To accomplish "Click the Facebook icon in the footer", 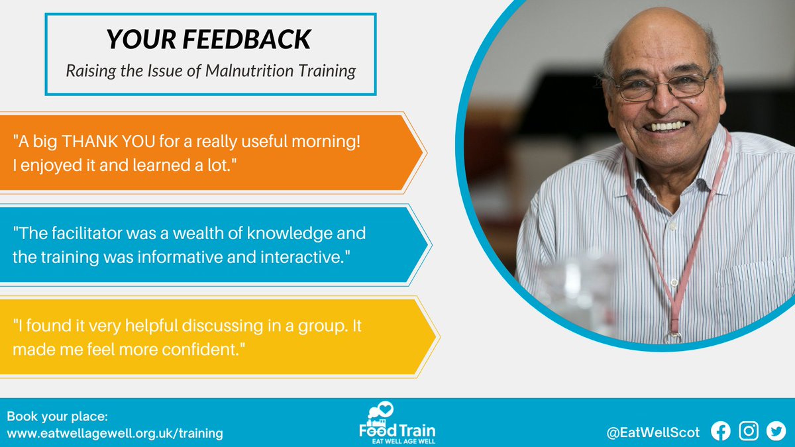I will point(720,431).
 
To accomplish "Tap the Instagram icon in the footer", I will point(749,431).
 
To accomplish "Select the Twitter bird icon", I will point(776,431).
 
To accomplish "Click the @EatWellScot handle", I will point(653,432).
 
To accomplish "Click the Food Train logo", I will point(397,422).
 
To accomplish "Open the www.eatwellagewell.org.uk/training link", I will point(115,433).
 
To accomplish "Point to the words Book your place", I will point(57,417).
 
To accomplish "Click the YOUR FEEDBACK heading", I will point(208,40).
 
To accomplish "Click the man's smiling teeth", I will point(665,126).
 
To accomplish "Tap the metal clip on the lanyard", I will point(674,336).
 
